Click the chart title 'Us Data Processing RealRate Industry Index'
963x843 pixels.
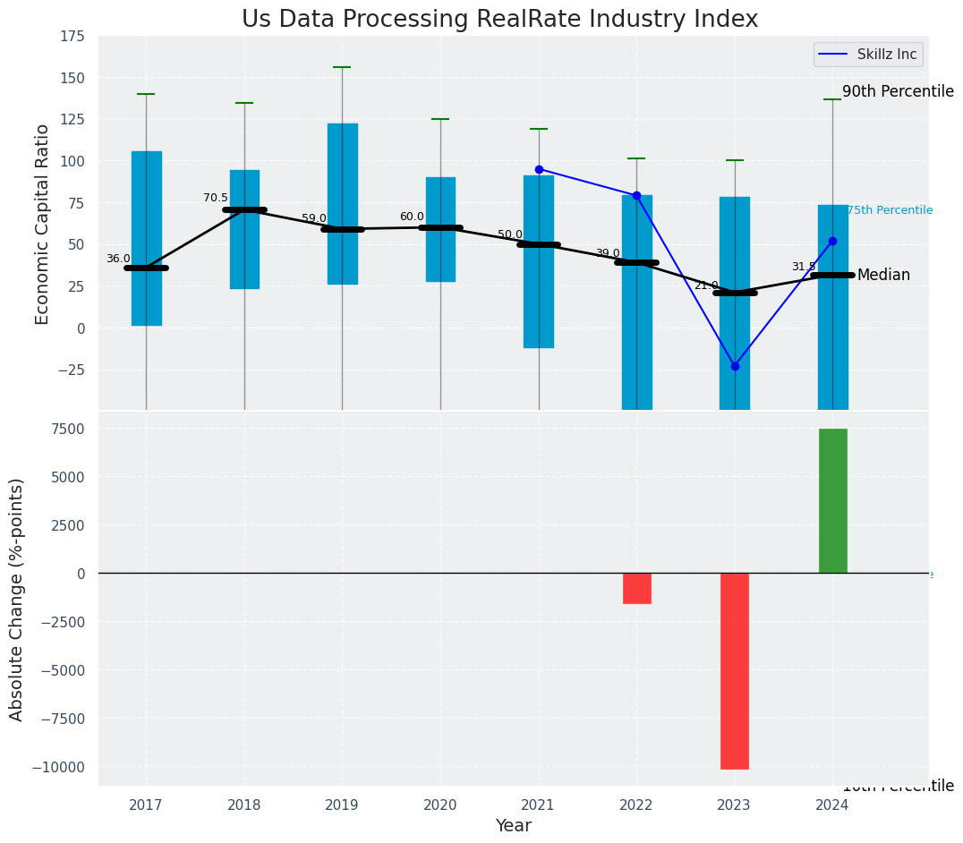[499, 20]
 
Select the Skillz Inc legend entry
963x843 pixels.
[868, 55]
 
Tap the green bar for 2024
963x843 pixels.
[832, 500]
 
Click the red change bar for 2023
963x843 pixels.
[735, 670]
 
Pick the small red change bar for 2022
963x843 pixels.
[636, 588]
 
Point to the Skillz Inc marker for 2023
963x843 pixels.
[735, 366]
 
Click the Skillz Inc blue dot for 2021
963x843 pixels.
[539, 169]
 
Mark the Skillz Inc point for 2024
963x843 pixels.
[832, 241]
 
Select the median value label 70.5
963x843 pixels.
[216, 198]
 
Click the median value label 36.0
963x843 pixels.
[118, 259]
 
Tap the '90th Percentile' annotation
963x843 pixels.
[898, 91]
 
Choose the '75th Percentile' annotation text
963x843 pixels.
[890, 210]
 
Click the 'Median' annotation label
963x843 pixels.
[883, 276]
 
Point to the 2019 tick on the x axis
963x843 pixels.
[342, 805]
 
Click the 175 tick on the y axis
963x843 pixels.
[72, 36]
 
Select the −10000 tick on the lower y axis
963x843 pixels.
[60, 767]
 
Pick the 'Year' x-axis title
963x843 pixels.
[513, 826]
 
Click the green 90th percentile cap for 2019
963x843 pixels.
[342, 67]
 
